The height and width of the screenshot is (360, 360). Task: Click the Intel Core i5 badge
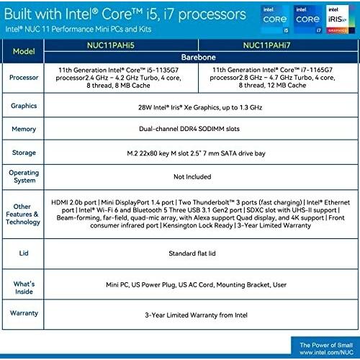275,19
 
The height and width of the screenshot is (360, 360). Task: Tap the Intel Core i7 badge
307,19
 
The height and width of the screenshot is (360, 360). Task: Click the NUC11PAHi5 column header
111,45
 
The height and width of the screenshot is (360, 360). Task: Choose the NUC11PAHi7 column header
266,45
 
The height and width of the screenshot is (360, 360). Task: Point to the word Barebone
199,57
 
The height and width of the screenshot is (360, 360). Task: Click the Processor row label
24,78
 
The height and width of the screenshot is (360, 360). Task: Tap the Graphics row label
24,106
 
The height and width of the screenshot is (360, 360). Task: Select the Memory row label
24,129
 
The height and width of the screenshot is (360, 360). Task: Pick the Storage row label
24,153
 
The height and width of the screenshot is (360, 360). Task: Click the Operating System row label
24,176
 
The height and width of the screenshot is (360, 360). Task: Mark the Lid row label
24,253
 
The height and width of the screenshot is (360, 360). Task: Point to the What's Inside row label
24,287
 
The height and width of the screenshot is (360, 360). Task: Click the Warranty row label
24,313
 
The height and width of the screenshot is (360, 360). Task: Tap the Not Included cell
192,176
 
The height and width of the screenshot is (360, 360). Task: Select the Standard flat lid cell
192,253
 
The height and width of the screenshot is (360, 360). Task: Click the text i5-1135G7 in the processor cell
163,70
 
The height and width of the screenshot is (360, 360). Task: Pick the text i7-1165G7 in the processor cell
317,70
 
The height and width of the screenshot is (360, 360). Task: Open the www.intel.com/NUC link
326,352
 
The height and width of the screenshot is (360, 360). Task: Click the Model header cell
24,51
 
